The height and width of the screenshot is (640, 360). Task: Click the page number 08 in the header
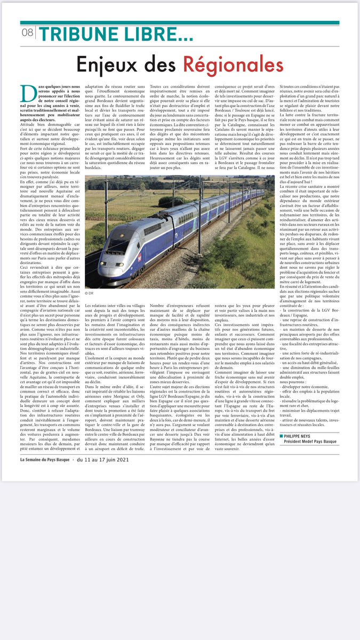point(27,33)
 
